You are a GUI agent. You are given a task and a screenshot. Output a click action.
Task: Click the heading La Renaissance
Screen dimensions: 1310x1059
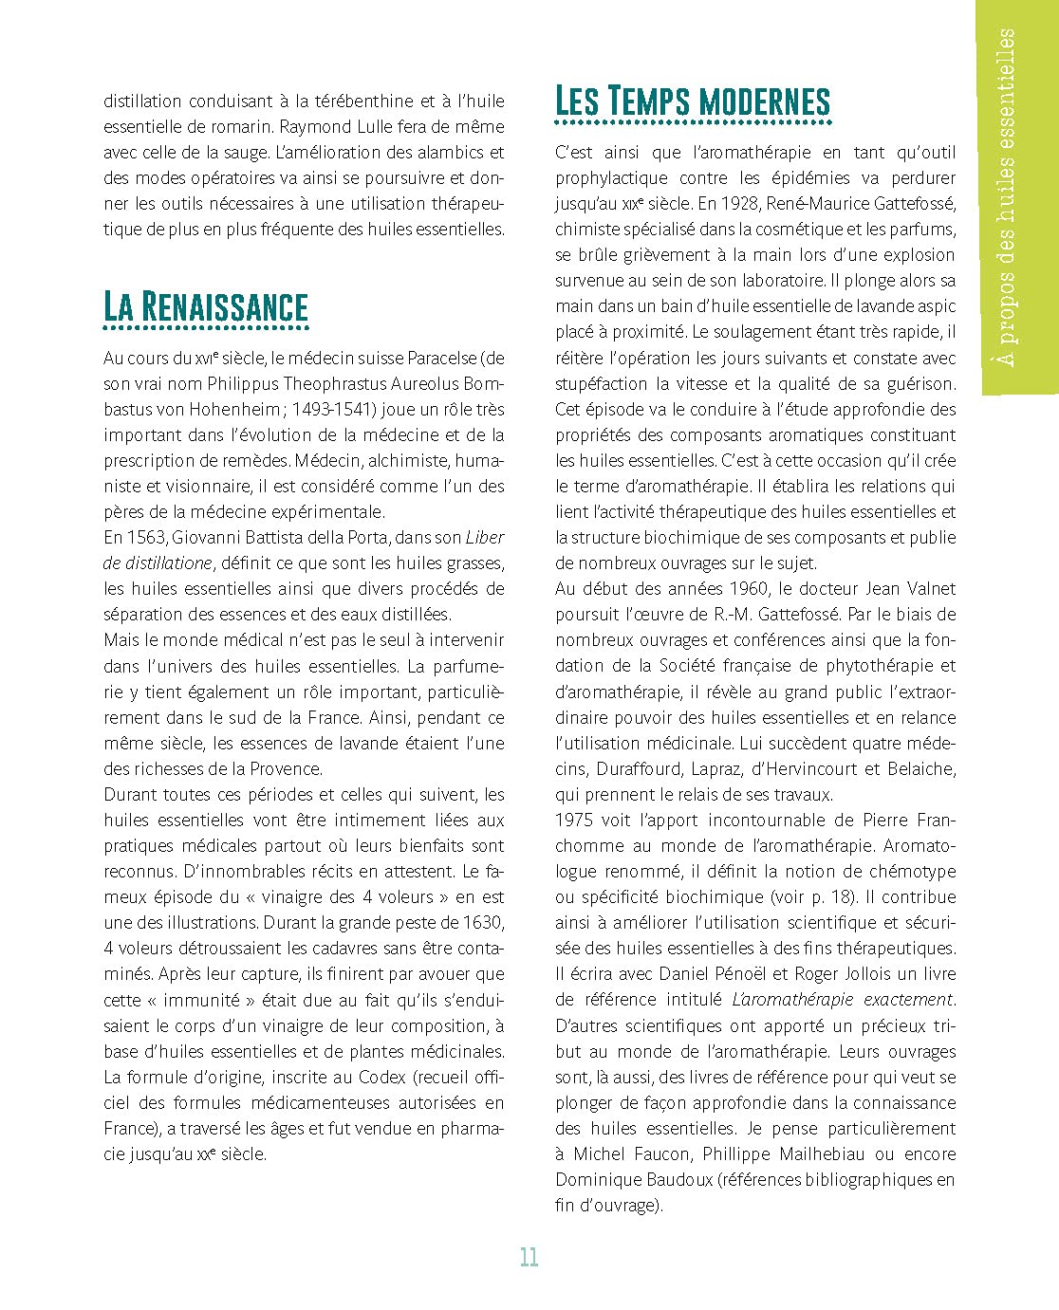(206, 306)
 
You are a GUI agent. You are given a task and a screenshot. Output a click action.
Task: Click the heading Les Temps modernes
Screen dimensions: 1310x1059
(692, 101)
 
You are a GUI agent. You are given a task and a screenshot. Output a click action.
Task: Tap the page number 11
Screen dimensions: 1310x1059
(529, 1257)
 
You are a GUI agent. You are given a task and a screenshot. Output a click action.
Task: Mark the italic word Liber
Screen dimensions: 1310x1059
(485, 537)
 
